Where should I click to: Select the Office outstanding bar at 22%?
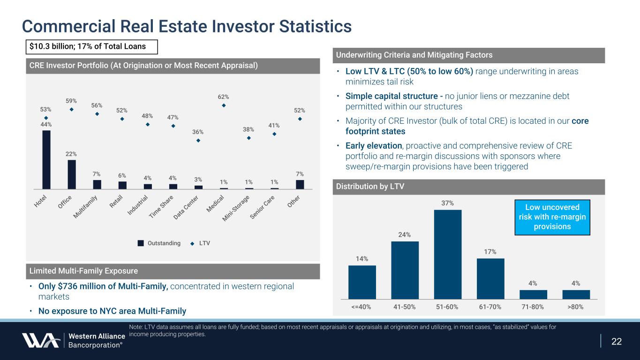pos(72,174)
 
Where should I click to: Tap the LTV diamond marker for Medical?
pos(224,105)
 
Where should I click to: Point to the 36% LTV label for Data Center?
pos(198,132)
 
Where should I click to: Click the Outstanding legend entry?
pos(159,243)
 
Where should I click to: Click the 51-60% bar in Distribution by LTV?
pos(448,254)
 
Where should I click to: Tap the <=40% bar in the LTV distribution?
pos(362,282)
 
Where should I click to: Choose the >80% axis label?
pos(576,307)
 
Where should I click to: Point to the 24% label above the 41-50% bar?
pos(405,234)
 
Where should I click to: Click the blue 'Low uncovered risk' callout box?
pos(552,217)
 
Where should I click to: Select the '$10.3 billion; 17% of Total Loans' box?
pos(91,47)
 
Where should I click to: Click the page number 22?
pos(617,341)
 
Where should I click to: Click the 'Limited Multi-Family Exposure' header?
pos(84,271)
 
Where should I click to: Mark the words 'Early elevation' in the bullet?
pos(373,145)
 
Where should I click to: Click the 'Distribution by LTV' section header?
pos(370,187)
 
